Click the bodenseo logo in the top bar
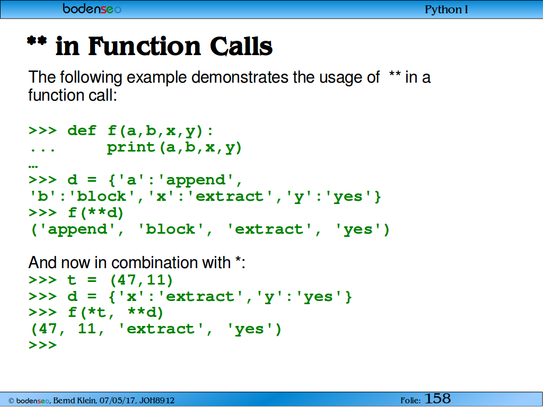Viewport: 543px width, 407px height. click(x=92, y=8)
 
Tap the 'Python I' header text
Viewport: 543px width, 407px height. click(x=446, y=10)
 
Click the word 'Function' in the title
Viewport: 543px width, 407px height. click(x=144, y=47)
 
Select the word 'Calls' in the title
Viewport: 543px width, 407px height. click(x=241, y=47)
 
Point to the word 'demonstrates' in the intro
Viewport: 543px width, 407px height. click(x=240, y=77)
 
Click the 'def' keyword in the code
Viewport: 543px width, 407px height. click(x=82, y=131)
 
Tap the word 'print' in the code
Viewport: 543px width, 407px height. click(x=130, y=148)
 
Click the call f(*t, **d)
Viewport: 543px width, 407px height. click(x=116, y=313)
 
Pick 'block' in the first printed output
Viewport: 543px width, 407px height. click(x=171, y=229)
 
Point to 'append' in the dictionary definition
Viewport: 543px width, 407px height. click(x=196, y=180)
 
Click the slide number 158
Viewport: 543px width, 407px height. click(x=437, y=399)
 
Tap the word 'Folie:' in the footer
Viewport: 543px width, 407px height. click(x=411, y=401)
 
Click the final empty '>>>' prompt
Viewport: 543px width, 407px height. click(x=42, y=345)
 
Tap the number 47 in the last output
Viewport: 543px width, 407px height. click(x=48, y=329)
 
